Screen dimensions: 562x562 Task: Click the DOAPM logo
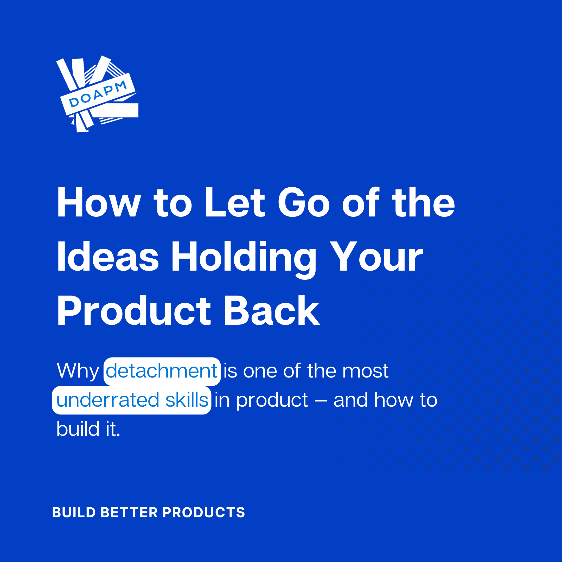pyautogui.click(x=97, y=94)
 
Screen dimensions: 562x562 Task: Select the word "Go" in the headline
pyautogui.click(x=304, y=202)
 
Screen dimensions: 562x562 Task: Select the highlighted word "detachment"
pyautogui.click(x=162, y=371)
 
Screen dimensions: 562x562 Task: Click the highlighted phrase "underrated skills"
pyautogui.click(x=131, y=400)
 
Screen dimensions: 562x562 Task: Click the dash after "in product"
pyautogui.click(x=321, y=401)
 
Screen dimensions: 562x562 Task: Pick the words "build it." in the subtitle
pyautogui.click(x=88, y=429)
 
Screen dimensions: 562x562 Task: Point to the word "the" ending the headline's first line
pyautogui.click(x=423, y=202)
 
